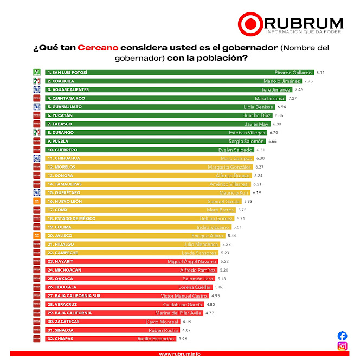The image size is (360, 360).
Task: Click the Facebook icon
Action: [342, 336]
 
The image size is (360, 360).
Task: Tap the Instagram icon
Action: [342, 346]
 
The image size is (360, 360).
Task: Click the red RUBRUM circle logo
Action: [250, 24]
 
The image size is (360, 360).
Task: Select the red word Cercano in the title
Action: [98, 48]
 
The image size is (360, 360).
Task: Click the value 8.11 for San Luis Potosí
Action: [320, 72]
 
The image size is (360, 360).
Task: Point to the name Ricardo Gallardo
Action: [293, 72]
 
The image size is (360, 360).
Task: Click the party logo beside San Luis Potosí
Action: [37, 72]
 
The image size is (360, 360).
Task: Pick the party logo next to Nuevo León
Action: [37, 201]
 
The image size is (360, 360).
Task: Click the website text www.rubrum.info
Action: [179, 354]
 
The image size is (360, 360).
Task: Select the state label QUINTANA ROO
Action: [68, 98]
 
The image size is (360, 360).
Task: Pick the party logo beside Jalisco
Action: [37, 236]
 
